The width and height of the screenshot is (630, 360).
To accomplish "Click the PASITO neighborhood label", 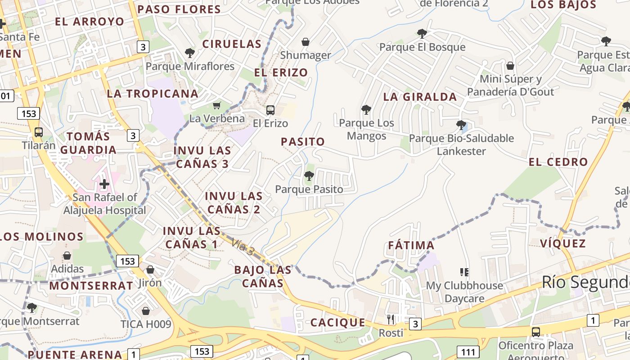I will (303, 142).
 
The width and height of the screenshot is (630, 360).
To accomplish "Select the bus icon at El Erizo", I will (270, 110).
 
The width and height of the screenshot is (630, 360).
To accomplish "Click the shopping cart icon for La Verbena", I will (217, 105).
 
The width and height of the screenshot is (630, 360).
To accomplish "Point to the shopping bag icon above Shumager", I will (306, 42).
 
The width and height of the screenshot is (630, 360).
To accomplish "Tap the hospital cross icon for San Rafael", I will (104, 184).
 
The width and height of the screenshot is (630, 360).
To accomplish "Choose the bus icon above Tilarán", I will (39, 132).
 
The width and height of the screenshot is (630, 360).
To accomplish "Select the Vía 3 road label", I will (243, 248).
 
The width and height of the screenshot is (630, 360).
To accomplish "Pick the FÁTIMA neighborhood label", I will (411, 246).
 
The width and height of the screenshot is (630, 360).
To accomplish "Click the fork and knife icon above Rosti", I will (391, 319).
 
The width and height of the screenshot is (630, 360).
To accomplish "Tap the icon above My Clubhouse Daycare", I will (464, 272).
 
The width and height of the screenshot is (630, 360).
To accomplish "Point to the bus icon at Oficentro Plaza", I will (535, 332).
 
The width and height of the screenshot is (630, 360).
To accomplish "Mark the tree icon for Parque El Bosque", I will (422, 33).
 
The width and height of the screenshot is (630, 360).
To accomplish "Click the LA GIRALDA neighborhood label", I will (420, 97).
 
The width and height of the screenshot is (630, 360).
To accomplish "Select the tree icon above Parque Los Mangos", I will (366, 109).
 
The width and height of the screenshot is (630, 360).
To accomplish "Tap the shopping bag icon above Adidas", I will (67, 256).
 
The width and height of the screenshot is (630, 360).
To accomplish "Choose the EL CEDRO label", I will (558, 162).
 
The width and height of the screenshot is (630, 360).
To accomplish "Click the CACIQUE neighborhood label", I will (337, 323).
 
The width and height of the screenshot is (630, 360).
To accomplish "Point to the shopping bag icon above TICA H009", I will (146, 310).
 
